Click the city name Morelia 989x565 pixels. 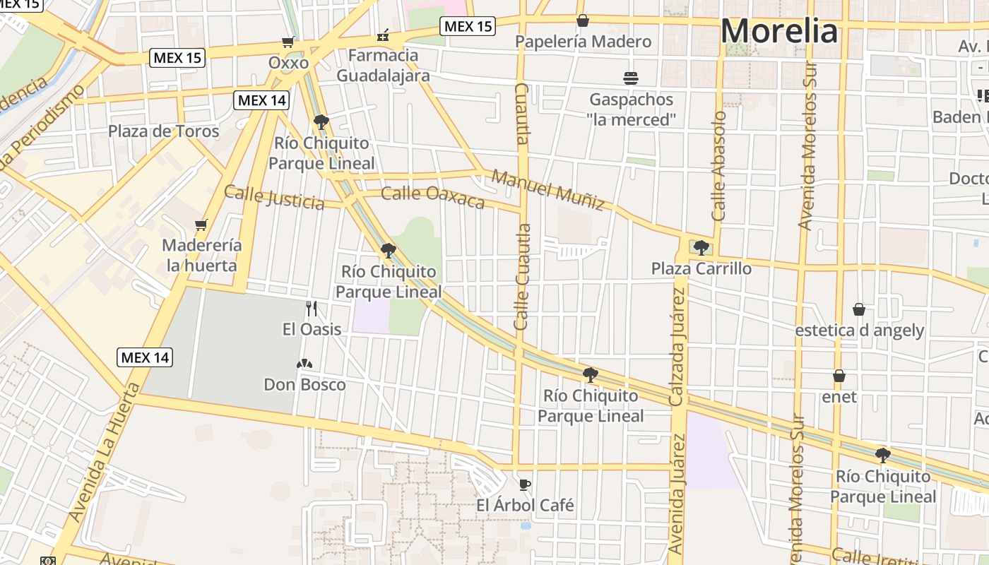tap(779, 32)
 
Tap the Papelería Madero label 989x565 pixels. tap(583, 42)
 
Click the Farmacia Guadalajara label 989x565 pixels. tap(383, 65)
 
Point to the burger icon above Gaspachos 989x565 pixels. tap(631, 78)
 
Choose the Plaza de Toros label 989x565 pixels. tap(164, 131)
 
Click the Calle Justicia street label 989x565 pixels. tap(274, 198)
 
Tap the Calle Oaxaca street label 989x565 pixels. tap(432, 198)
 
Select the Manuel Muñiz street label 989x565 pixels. tap(548, 190)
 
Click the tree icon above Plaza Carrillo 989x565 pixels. tap(701, 247)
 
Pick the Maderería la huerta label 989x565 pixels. tap(202, 256)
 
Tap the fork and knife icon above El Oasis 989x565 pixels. tap(312, 309)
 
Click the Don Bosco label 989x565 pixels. tap(304, 385)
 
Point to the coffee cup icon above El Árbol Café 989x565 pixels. tap(524, 484)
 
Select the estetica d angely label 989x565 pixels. tap(859, 331)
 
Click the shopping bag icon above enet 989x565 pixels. tap(839, 376)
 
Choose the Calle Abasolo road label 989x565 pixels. tap(719, 166)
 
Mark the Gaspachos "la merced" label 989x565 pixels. tap(631, 109)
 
